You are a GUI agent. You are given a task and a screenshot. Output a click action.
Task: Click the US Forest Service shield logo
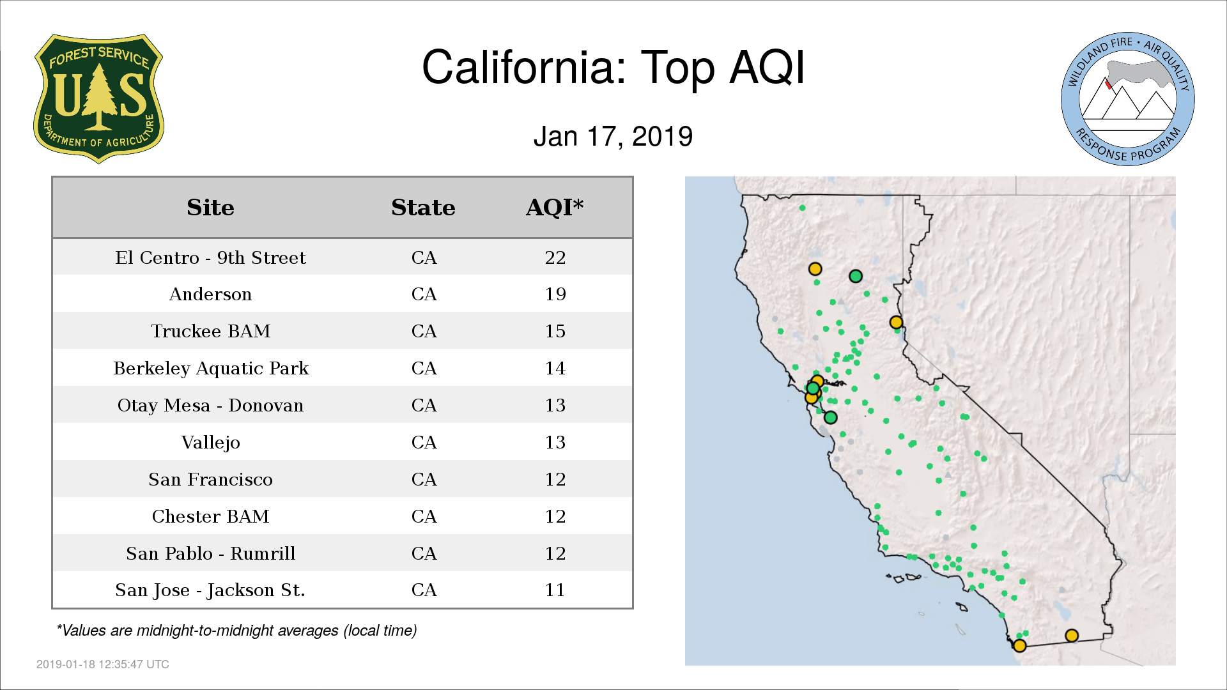(x=98, y=98)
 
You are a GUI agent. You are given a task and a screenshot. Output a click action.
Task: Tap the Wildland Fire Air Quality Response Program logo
(x=1128, y=99)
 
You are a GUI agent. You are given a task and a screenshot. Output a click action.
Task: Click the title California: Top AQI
(x=613, y=67)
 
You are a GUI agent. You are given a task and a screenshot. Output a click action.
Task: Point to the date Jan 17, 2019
(x=613, y=137)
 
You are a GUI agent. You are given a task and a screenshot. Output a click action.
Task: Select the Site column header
(x=210, y=208)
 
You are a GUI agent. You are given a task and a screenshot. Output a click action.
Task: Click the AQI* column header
(x=555, y=207)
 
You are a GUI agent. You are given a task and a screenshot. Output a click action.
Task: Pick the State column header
(x=423, y=208)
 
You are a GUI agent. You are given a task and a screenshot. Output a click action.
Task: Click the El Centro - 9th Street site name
(x=210, y=257)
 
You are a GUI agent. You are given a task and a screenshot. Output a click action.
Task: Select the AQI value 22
(x=555, y=257)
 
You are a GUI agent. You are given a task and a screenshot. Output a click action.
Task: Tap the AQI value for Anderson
(x=555, y=295)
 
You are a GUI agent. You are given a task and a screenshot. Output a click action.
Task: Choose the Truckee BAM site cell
(x=210, y=331)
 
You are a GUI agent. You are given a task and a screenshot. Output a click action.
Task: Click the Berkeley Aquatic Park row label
(x=210, y=369)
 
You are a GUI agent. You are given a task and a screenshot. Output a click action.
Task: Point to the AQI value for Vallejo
(x=555, y=442)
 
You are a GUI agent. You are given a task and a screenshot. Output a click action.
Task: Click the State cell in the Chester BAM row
(x=424, y=516)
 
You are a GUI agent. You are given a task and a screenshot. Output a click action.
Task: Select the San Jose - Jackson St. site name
(x=210, y=590)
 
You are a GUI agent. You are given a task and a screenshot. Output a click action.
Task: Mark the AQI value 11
(x=555, y=590)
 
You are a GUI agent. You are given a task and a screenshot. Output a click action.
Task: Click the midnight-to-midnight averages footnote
(x=236, y=631)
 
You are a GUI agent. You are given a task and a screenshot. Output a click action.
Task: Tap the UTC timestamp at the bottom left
(x=103, y=664)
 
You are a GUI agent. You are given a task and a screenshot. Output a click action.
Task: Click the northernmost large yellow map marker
(x=815, y=269)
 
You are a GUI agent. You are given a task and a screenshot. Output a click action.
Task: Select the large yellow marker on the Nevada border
(x=896, y=323)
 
